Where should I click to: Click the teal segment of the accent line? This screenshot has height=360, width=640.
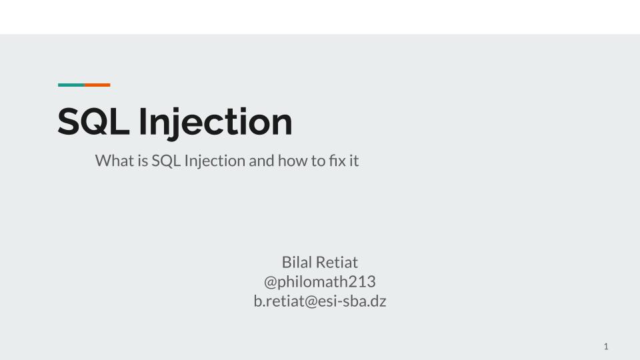pos(71,85)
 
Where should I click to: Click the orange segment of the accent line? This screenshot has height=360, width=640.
pos(97,85)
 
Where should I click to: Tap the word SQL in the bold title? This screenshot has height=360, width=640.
pos(93,121)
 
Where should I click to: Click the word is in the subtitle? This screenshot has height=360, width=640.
pos(143,161)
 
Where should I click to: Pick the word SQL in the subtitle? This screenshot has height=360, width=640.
pos(166,161)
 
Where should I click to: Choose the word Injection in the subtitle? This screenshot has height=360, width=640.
pos(215,161)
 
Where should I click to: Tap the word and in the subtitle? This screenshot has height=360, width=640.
pos(261,161)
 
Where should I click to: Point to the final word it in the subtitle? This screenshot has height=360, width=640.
pos(354,161)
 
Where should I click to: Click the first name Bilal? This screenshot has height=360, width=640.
pos(296,262)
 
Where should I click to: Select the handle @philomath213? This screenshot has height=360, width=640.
pos(319,281)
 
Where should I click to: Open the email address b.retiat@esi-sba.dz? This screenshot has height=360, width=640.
pos(319,301)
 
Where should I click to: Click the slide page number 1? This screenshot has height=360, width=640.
pos(606,347)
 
